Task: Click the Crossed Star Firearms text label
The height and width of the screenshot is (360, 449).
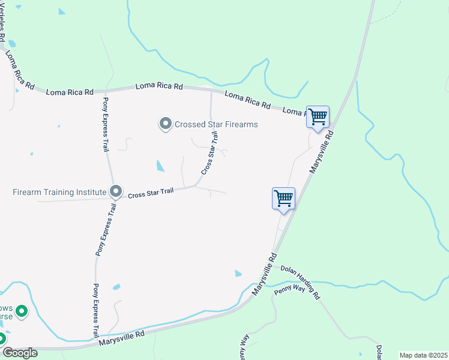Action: coord(216,124)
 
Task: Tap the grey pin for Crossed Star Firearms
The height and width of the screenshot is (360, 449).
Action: coord(166,124)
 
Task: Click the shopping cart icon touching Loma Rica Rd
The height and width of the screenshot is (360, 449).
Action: coord(318,116)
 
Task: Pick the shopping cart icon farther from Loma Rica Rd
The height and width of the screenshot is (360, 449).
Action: coord(283,198)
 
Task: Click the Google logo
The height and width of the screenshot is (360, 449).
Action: coord(19,353)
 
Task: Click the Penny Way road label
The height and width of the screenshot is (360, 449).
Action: coord(291,289)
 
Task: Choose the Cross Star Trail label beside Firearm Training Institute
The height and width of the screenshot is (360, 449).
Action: coord(151,193)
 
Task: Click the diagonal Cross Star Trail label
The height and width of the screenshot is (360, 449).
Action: coord(209,155)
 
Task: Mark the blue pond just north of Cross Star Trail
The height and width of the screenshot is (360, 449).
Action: coord(160,166)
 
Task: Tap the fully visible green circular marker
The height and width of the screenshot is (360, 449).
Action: coord(22,311)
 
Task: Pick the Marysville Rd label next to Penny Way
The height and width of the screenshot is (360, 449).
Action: coord(264,273)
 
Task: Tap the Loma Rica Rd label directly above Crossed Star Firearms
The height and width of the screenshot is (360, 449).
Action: coord(159,86)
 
